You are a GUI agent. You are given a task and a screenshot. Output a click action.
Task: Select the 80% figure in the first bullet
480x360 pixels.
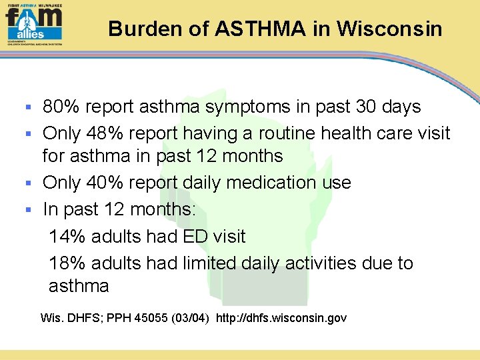click(59, 107)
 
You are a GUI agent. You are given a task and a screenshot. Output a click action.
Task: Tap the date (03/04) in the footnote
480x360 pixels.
click(191, 318)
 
